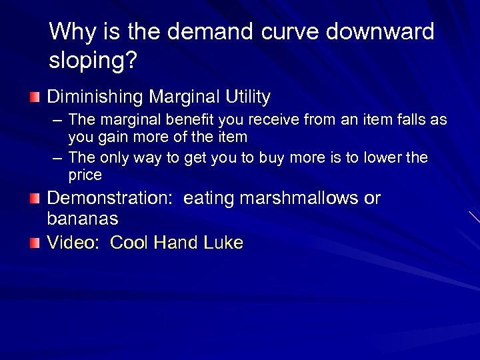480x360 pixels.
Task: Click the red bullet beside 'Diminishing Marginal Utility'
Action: point(34,99)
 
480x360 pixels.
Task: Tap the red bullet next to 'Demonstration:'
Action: point(34,199)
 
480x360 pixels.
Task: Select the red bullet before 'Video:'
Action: point(34,244)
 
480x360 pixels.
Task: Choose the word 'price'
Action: point(85,176)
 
